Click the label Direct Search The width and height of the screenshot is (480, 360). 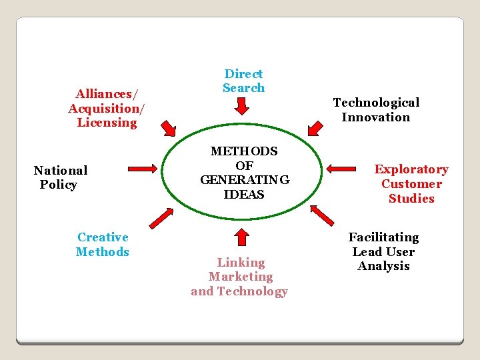(x=243, y=81)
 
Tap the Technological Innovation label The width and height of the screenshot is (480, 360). (x=376, y=109)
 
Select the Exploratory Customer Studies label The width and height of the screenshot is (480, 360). (x=411, y=184)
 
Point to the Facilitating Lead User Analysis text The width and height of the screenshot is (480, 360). (x=383, y=251)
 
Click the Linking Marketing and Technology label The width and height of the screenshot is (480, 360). (x=239, y=277)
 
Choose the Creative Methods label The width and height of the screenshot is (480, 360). (x=103, y=244)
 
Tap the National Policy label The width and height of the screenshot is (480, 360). (x=60, y=177)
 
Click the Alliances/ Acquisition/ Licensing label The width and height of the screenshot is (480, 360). (x=107, y=108)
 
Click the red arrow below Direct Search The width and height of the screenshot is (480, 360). (x=243, y=106)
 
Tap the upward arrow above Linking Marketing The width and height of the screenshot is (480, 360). (x=242, y=237)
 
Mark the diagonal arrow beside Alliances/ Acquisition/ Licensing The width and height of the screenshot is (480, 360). (x=168, y=127)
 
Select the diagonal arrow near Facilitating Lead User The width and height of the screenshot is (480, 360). (x=323, y=215)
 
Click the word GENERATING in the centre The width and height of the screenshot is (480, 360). (x=245, y=180)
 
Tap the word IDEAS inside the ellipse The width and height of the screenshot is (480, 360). (x=245, y=195)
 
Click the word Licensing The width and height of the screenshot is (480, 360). (x=107, y=123)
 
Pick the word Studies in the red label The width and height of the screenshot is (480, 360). (x=411, y=199)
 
